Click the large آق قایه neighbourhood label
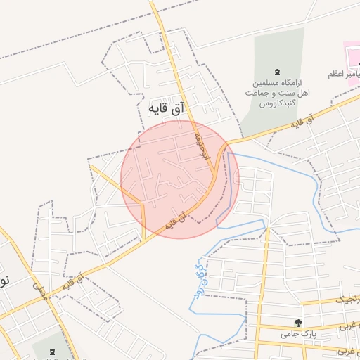165,109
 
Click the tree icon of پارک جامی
300,324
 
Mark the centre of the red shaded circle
180,179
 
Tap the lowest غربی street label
349,349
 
